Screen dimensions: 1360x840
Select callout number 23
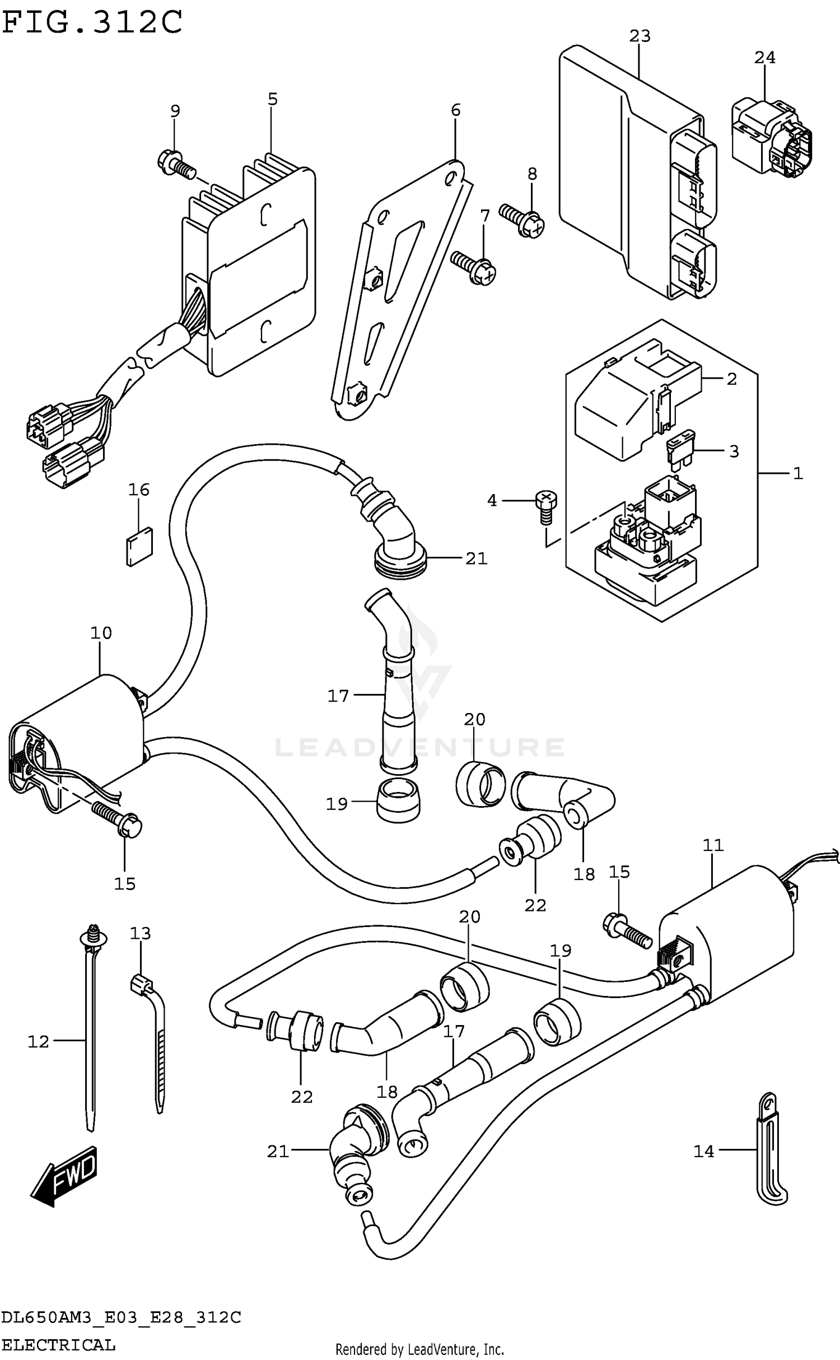pyautogui.click(x=640, y=36)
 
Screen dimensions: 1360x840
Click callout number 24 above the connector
pyautogui.click(x=764, y=58)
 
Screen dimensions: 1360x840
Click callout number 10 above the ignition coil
pyautogui.click(x=101, y=633)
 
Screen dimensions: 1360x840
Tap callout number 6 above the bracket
pyautogui.click(x=455, y=110)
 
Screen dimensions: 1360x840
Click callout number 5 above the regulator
pyautogui.click(x=272, y=99)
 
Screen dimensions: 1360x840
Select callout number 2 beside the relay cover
pyautogui.click(x=731, y=379)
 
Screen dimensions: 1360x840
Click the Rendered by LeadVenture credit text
pyautogui.click(x=419, y=1349)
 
